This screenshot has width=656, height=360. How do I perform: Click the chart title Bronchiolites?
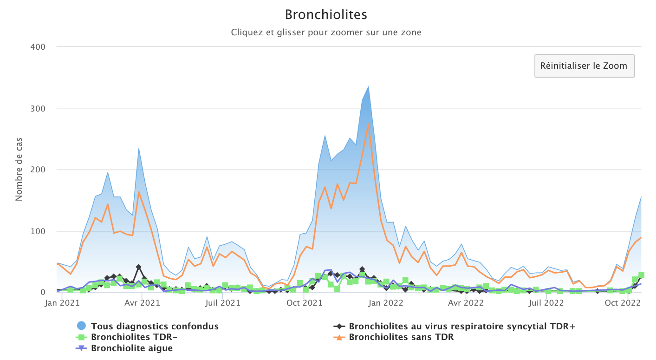coord(326,15)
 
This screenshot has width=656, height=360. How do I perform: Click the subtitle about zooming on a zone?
coord(326,33)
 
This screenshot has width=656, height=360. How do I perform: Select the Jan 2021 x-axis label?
coord(62,303)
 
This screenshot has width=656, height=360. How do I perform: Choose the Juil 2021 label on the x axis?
coord(222,303)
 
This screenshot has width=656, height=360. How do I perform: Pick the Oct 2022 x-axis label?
coord(624,303)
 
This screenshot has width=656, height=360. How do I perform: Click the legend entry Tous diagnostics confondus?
coord(155,327)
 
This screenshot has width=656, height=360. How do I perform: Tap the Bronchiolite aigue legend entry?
coord(132,348)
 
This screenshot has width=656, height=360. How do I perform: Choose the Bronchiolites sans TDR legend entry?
coord(401,337)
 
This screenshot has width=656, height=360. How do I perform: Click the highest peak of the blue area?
coord(368,86)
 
